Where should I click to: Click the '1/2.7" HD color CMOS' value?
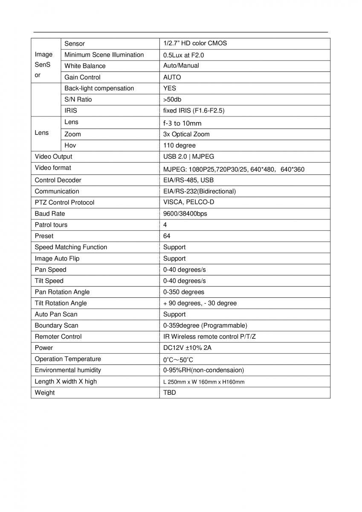point(195,44)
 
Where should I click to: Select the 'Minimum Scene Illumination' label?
point(104,55)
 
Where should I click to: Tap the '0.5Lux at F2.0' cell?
point(181,55)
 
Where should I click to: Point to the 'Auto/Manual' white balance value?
point(181,66)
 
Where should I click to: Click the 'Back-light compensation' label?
point(99,88)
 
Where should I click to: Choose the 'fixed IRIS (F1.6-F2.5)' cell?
point(194,111)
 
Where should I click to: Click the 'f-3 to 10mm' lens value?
point(182,123)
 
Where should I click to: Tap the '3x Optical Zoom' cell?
point(186,134)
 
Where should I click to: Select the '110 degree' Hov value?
point(179,145)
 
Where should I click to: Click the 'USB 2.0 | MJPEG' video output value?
point(188,157)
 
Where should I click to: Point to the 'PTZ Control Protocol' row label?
point(64,202)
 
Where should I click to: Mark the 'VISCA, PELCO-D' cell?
point(188,202)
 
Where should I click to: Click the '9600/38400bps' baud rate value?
point(185,213)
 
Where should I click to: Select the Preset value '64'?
point(167,236)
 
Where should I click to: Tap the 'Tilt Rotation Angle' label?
point(61,303)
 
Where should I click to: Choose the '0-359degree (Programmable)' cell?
point(205,325)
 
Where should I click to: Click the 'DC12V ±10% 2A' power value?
point(187,348)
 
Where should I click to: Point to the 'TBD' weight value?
point(169,393)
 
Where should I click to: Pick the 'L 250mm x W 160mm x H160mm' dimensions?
point(204,382)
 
